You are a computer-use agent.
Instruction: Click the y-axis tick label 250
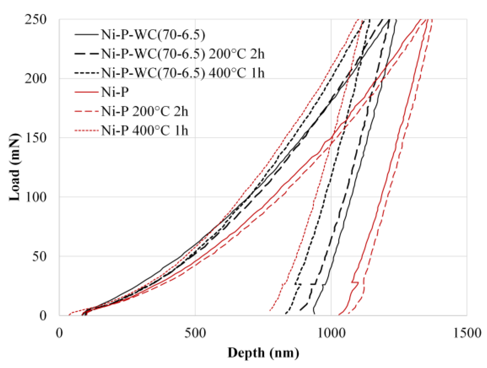pos(36,20)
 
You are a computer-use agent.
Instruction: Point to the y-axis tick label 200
pos(36,79)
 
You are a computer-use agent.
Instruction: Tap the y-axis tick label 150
pos(36,138)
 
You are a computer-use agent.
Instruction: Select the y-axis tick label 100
pos(36,197)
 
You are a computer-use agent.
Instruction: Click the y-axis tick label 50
pos(39,256)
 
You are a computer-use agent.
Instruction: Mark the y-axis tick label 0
pos(43,315)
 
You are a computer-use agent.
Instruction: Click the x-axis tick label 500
pos(195,333)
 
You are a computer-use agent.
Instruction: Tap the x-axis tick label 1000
pos(331,333)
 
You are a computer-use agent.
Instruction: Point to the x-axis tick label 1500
pos(467,333)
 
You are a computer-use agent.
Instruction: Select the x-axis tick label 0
pos(60,333)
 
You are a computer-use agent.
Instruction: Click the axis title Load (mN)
pos(15,167)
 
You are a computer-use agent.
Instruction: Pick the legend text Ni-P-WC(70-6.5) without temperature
pos(153,35)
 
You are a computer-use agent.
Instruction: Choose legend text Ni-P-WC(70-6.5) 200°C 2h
pos(183,54)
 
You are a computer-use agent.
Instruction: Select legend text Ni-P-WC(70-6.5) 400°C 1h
pos(183,73)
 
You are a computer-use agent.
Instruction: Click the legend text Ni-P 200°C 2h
pos(144,112)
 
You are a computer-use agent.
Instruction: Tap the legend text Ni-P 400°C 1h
pos(144,131)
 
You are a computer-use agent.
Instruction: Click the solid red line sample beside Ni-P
pos(87,92)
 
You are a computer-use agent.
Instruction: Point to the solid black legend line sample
pos(87,35)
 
